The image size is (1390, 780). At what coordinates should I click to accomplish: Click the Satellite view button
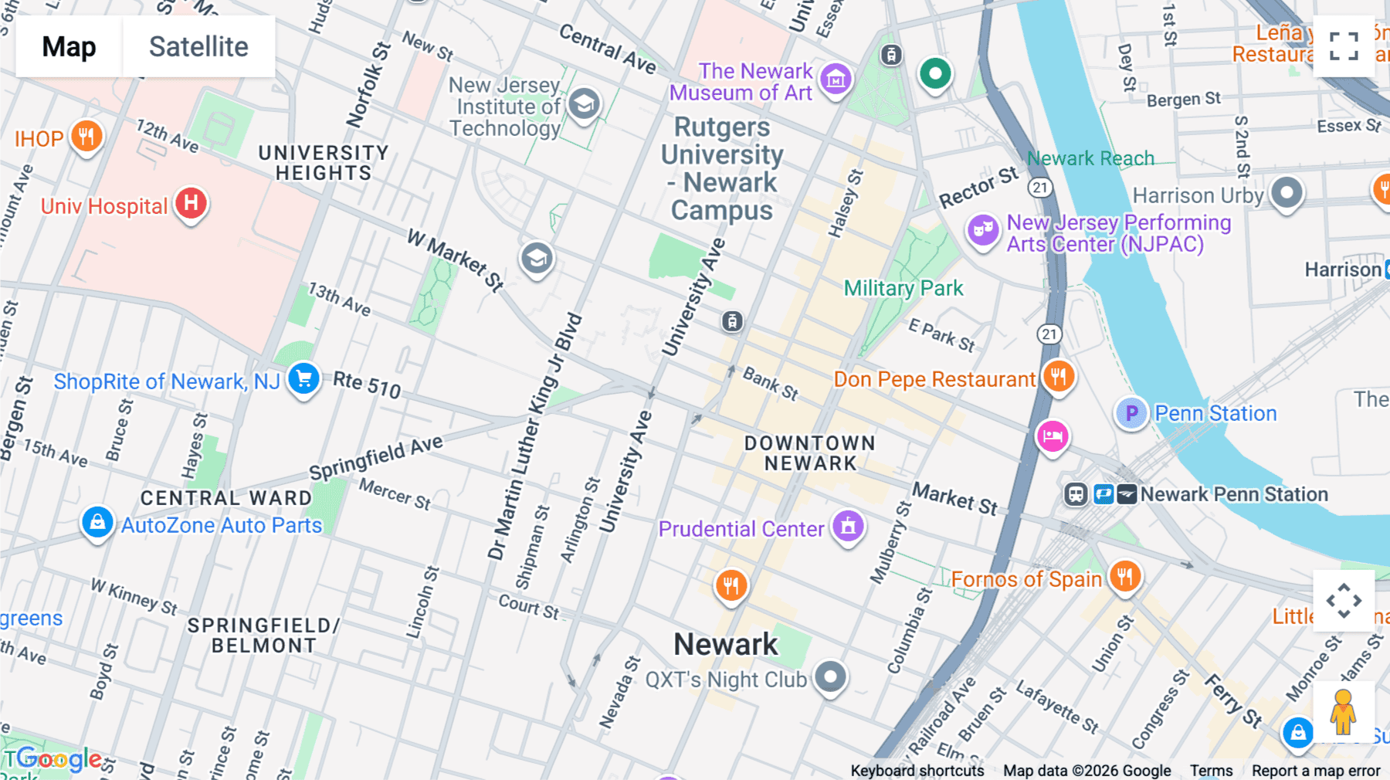coord(198,46)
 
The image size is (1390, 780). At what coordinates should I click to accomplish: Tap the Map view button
coord(69,46)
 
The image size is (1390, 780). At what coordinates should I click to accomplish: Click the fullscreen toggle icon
coord(1344,46)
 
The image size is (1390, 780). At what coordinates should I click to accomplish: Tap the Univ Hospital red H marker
coord(191,203)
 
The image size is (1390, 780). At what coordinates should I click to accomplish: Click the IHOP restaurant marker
coord(86,137)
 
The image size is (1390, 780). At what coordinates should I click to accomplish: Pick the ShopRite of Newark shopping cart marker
coord(303,378)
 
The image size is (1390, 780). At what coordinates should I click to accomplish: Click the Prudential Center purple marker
coord(848,526)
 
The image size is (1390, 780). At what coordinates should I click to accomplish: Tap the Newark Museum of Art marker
coord(836,78)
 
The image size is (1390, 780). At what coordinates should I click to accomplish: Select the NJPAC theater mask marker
coord(982,229)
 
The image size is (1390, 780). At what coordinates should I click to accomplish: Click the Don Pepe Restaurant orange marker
coord(1058,376)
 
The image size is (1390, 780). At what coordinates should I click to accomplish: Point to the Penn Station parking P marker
coord(1131,413)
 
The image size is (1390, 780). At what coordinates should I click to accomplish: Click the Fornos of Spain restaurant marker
coord(1124,575)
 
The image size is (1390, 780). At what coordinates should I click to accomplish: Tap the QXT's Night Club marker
coord(830,677)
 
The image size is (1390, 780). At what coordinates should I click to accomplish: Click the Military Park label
coord(903,288)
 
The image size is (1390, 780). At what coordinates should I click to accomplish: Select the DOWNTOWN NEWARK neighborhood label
coord(810,453)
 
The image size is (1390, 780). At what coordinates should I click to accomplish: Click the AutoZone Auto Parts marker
coord(97,523)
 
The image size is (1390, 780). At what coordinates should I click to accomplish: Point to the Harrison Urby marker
coord(1286,192)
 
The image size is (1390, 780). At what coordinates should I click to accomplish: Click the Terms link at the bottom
coord(1211,771)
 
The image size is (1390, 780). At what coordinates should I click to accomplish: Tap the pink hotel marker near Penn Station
coord(1052,436)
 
